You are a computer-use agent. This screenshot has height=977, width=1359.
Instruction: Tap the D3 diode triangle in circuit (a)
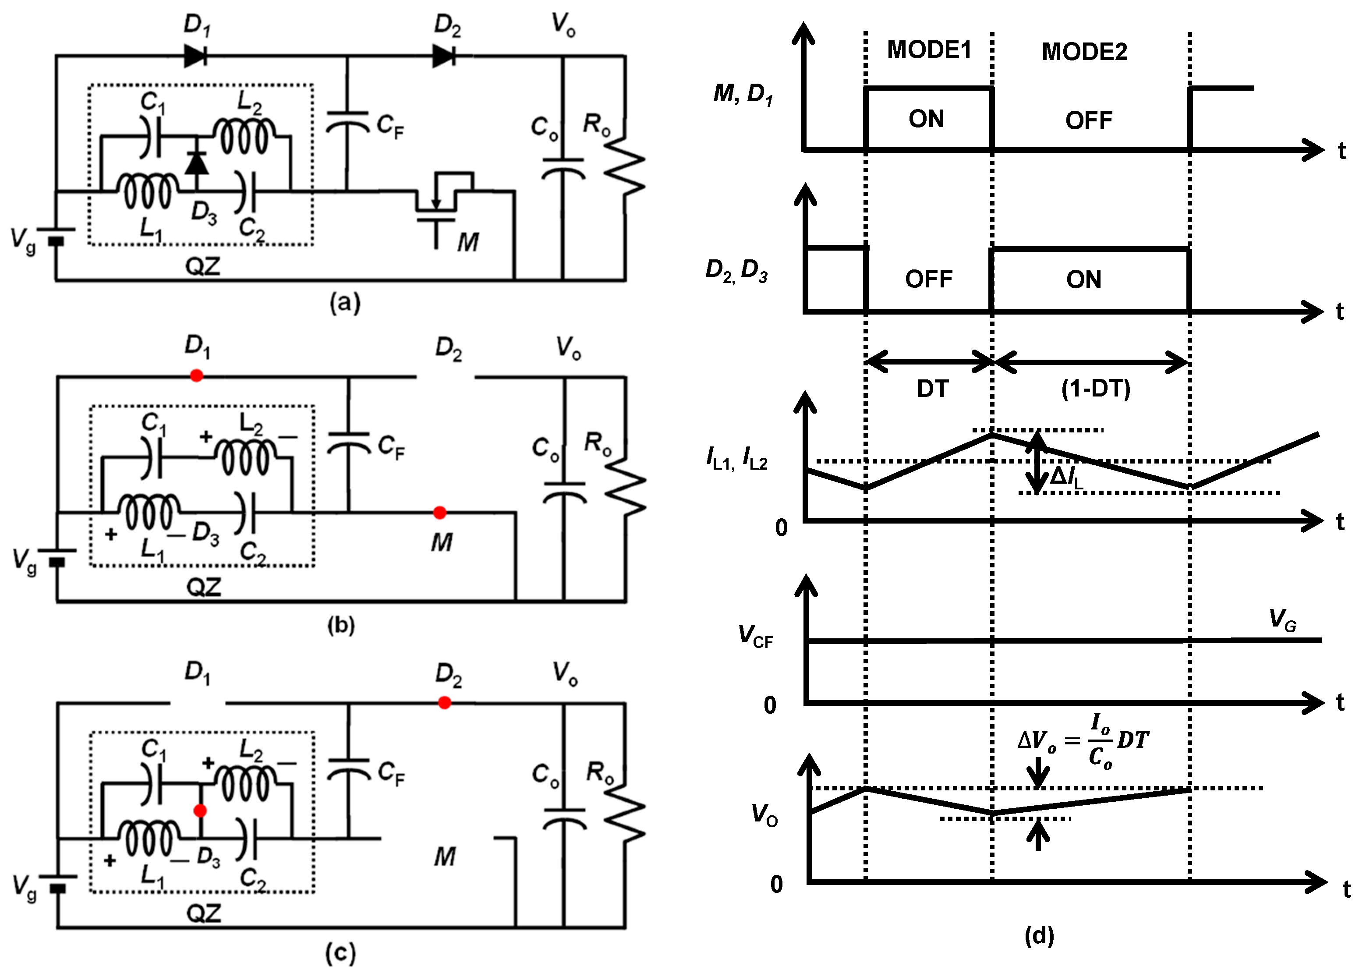tap(197, 163)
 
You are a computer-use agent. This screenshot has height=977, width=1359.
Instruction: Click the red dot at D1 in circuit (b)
tap(196, 376)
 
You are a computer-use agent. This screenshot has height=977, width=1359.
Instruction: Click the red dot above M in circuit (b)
tap(439, 513)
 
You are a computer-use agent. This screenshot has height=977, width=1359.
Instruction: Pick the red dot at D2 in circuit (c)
tap(444, 702)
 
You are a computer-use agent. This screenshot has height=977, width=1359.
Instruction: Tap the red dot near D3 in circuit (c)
tap(200, 811)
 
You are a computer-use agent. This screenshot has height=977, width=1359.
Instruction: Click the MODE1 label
tap(929, 50)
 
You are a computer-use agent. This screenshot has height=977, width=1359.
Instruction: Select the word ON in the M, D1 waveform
tap(926, 119)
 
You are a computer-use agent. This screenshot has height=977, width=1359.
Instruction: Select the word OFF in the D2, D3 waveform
tap(928, 279)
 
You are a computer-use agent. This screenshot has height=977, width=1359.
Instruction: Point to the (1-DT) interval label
tap(1095, 389)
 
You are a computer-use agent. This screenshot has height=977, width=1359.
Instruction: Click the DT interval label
tap(932, 389)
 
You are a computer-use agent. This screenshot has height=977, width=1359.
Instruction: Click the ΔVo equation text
tap(1083, 741)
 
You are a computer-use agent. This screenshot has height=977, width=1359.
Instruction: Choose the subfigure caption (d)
tap(1039, 936)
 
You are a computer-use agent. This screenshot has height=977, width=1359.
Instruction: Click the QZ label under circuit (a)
tap(202, 266)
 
